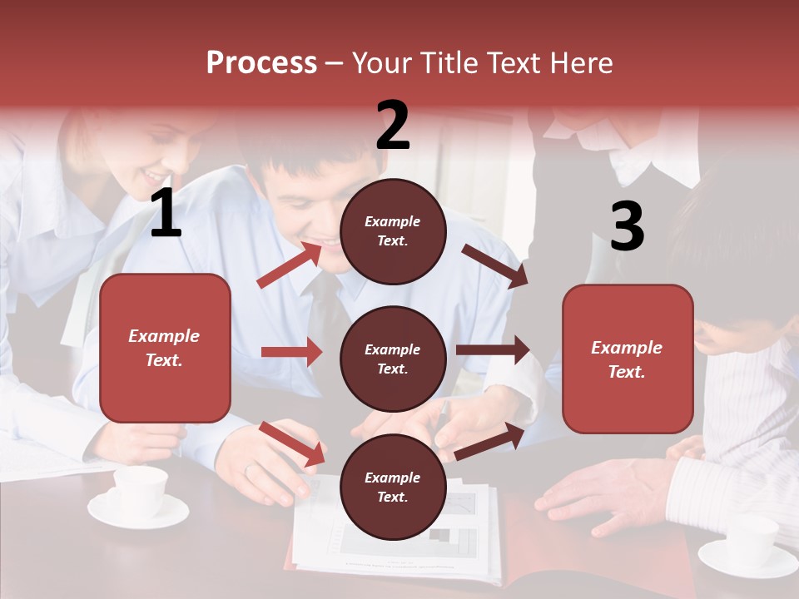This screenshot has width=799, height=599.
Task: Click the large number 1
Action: click(x=166, y=214)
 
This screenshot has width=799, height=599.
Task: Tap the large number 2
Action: click(x=393, y=125)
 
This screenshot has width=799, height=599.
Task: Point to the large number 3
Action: click(x=627, y=226)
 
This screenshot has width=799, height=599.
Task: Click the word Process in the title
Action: click(x=261, y=62)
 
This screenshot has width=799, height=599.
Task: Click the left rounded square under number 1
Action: click(x=165, y=348)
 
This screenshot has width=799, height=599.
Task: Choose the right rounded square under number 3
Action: click(x=628, y=359)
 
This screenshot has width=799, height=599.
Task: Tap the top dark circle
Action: click(x=393, y=231)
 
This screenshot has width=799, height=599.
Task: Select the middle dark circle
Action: click(x=393, y=359)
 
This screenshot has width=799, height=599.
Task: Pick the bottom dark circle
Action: click(x=393, y=487)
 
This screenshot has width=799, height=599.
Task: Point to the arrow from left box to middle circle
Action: click(x=291, y=352)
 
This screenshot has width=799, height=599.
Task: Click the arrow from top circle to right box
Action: click(x=494, y=266)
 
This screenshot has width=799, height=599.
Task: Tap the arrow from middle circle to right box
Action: click(x=493, y=350)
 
